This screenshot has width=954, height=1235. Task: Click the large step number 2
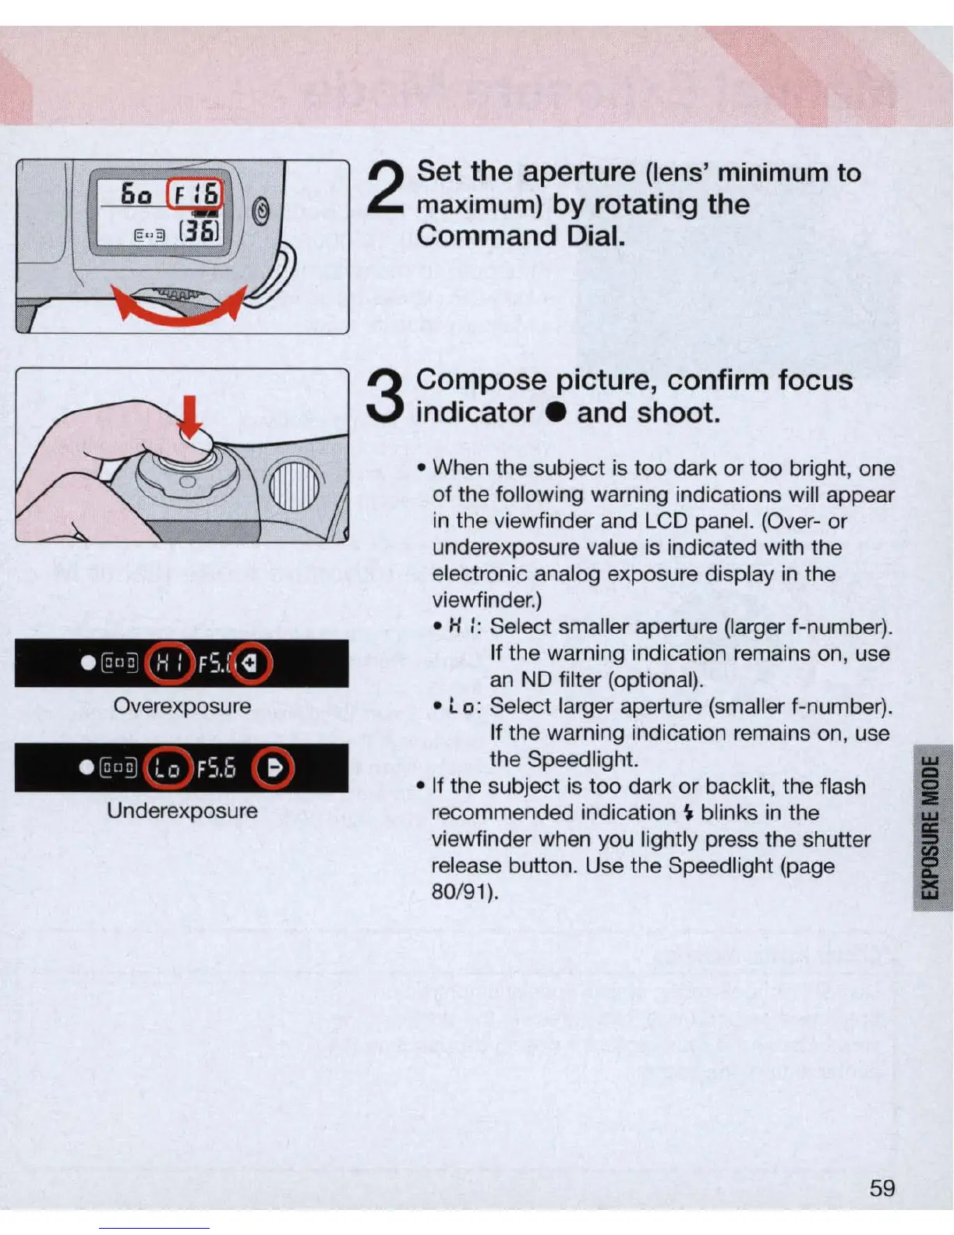coord(385,190)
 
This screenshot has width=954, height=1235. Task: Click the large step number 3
coord(385,396)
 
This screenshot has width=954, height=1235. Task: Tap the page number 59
coord(882,1188)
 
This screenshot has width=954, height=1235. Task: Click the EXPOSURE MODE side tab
coord(931,828)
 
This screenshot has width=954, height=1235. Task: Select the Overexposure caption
coord(182,706)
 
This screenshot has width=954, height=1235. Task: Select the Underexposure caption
coord(182,811)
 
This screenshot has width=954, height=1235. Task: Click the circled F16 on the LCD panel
coord(196,193)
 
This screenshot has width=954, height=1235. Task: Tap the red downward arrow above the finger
coord(189,418)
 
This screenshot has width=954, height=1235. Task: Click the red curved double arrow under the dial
coord(178,310)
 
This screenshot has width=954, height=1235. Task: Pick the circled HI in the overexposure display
coord(169,664)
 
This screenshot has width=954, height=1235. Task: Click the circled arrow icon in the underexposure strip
coord(274,769)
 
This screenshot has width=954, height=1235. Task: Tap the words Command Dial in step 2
coord(521,235)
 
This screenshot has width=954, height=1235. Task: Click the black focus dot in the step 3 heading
coord(555,413)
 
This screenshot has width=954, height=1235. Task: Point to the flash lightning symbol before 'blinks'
coord(687,813)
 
